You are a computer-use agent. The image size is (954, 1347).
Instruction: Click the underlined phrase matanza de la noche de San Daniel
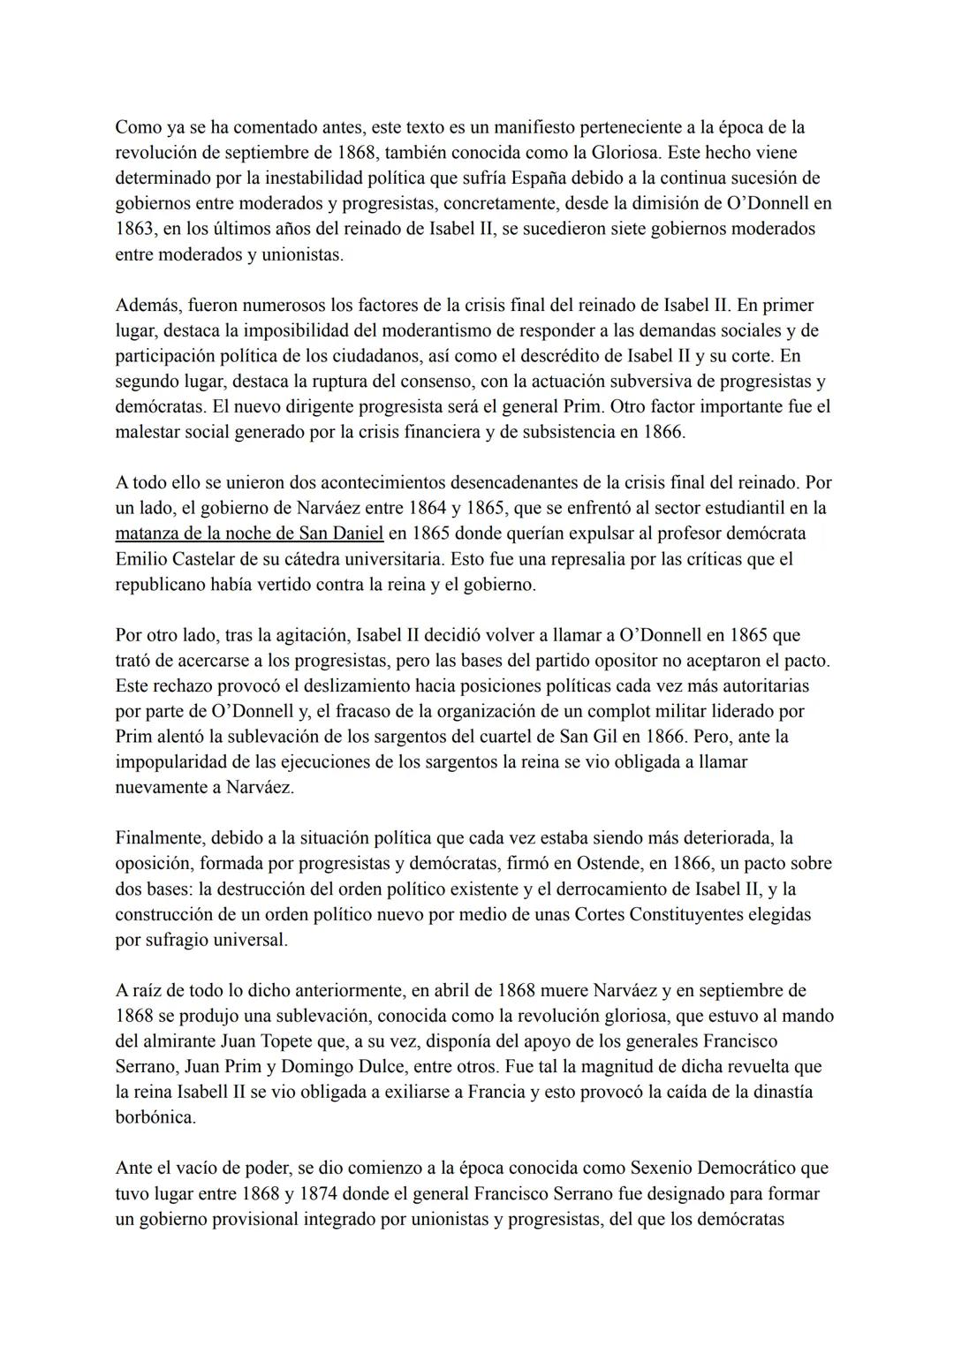coord(249,534)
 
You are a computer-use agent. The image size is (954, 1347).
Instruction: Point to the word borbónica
coord(155,1117)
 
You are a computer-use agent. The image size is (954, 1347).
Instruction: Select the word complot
coord(594,711)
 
